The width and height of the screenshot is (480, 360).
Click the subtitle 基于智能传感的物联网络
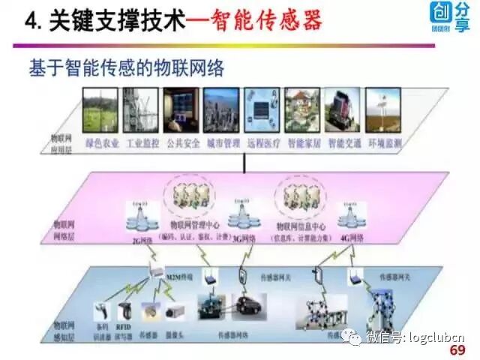127,68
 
